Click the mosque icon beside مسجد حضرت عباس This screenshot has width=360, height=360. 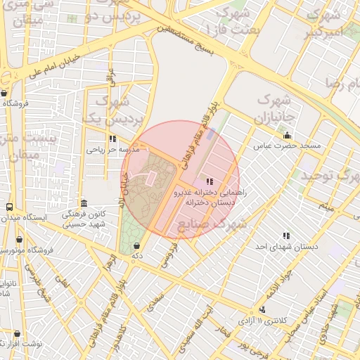pyautogui.click(x=287, y=136)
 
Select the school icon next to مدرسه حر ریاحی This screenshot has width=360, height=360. pyautogui.click(x=113, y=139)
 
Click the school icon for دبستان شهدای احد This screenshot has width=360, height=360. pyautogui.click(x=285, y=236)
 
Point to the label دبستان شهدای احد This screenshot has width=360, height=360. pyautogui.click(x=285, y=246)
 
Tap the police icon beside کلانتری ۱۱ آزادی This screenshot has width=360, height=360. pyautogui.click(x=262, y=309)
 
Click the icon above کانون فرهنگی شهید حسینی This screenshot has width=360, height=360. pyautogui.click(x=83, y=202)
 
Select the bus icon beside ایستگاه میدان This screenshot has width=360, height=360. pyautogui.click(x=9, y=207)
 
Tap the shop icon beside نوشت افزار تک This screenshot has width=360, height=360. pyautogui.click(x=17, y=333)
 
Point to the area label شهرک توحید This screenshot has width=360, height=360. pyautogui.click(x=330, y=174)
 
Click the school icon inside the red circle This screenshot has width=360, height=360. pyautogui.click(x=209, y=182)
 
